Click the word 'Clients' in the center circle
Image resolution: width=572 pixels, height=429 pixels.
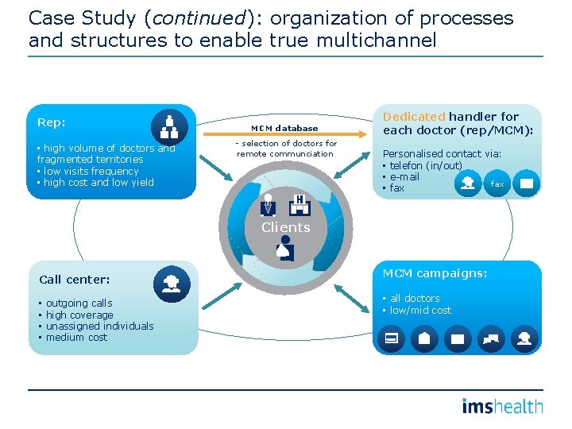(285, 227)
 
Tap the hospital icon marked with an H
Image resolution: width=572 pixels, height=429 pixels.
(300, 204)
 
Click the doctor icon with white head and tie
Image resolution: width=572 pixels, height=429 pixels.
(269, 204)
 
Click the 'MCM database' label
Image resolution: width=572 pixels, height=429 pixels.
(284, 128)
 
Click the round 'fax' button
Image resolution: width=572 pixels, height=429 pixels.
(497, 184)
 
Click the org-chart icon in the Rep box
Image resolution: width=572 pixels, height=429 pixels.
(169, 125)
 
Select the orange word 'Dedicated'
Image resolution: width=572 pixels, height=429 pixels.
(412, 116)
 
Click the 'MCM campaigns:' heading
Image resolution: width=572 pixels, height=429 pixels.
(435, 273)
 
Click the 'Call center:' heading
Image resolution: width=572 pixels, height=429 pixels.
(75, 280)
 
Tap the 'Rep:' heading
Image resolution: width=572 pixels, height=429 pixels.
(52, 122)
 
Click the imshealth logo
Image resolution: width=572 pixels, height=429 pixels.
(503, 407)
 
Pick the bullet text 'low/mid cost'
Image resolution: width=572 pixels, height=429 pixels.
(420, 310)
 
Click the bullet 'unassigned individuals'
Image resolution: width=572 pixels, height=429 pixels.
(99, 326)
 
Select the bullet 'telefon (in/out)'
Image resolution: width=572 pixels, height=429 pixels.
(426, 165)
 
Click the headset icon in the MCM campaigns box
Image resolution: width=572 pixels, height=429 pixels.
(525, 339)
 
